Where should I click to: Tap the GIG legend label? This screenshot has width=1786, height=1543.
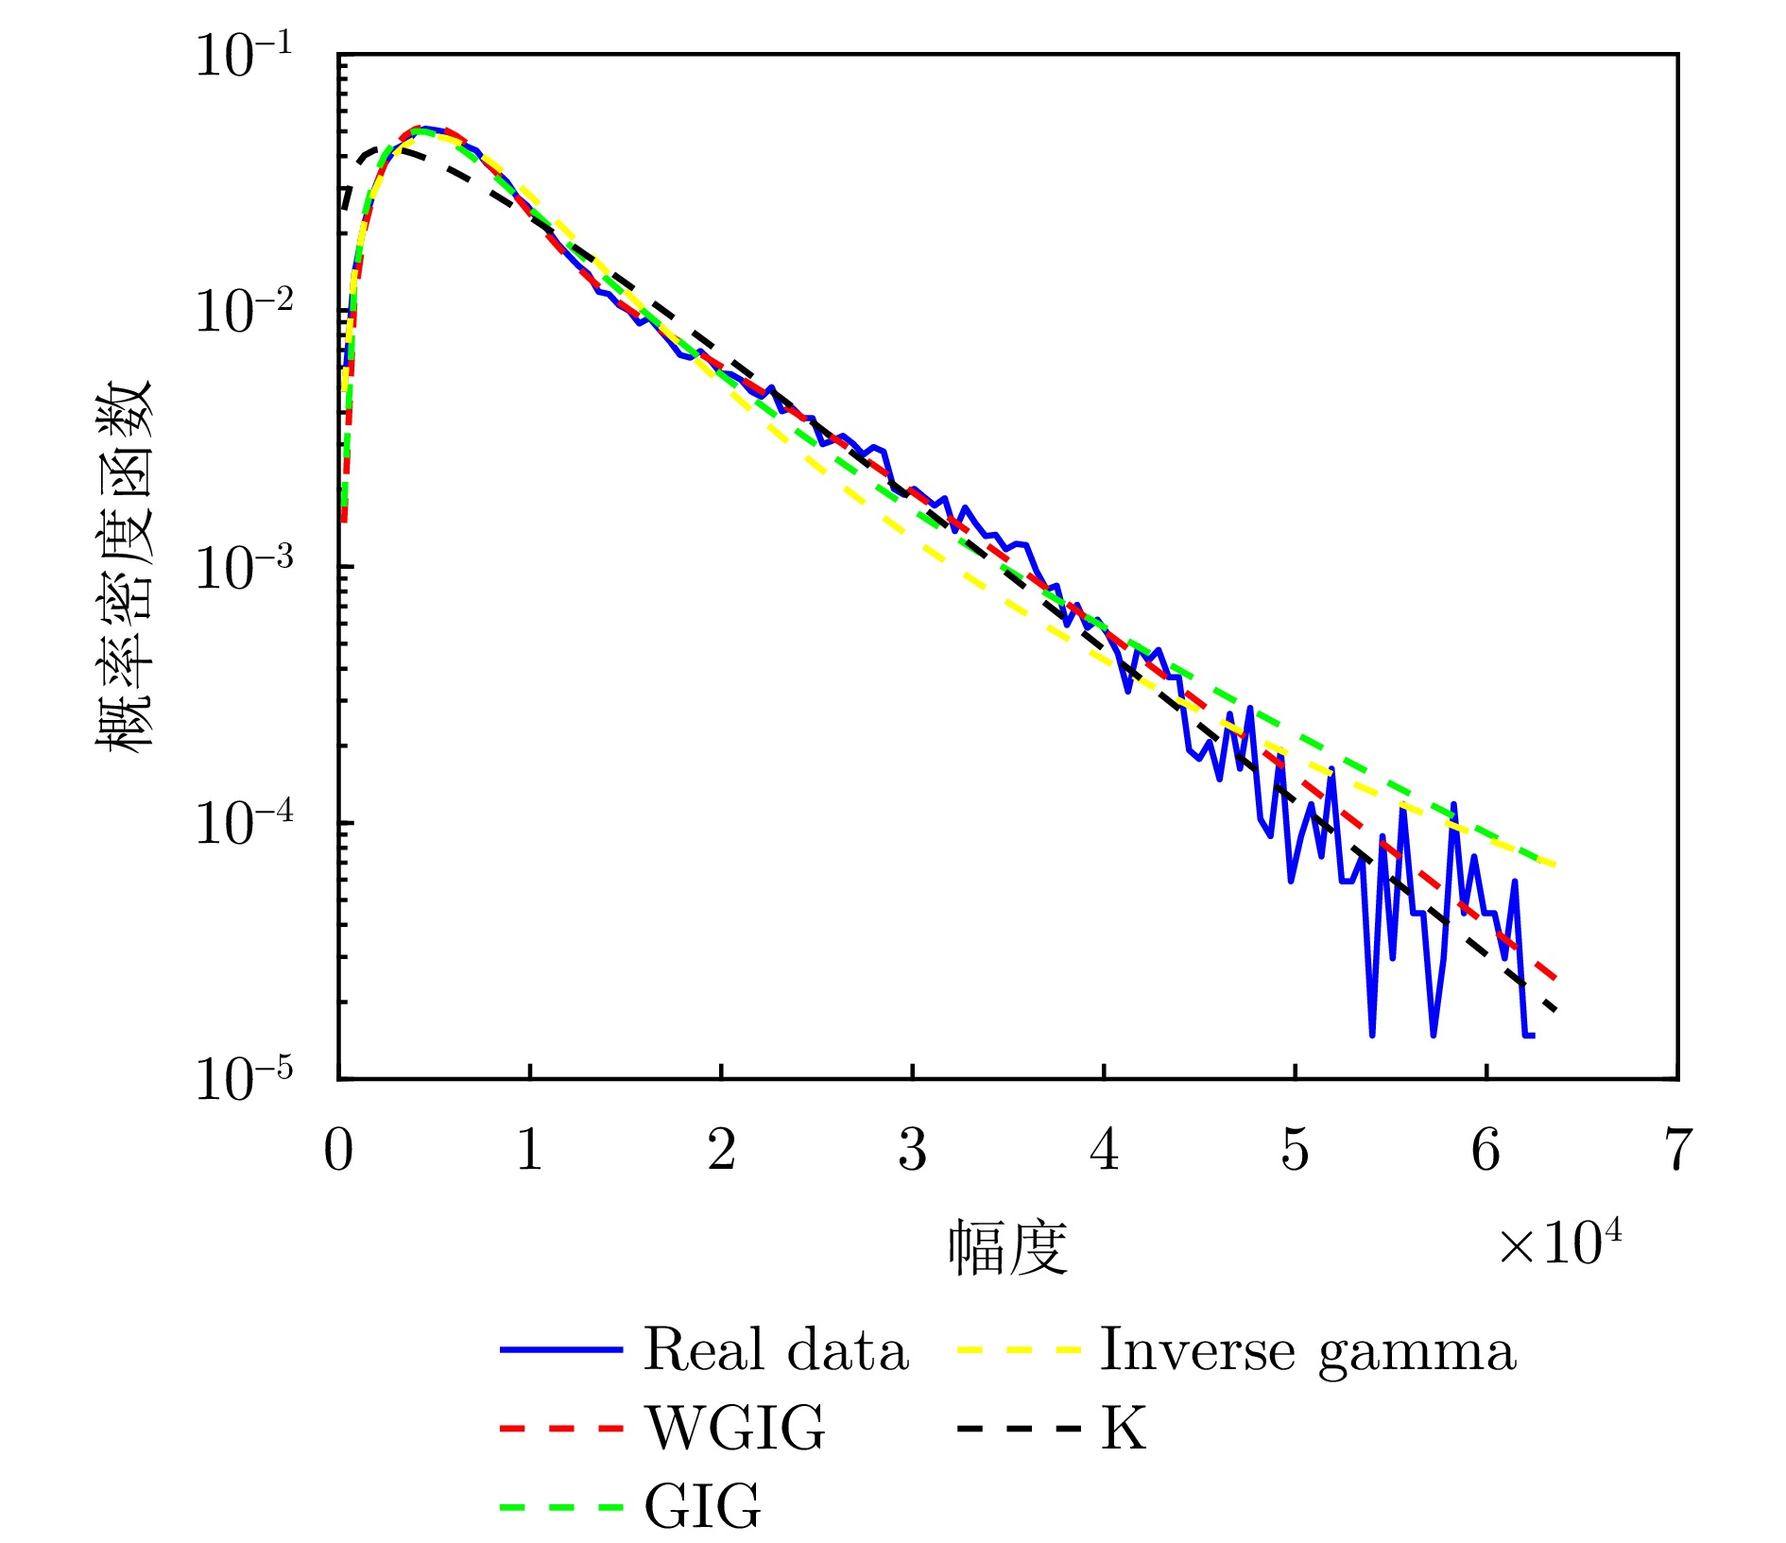click(702, 1505)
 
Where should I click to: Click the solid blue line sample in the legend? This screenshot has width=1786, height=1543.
click(561, 1349)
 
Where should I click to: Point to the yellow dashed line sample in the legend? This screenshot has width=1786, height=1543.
click(1018, 1349)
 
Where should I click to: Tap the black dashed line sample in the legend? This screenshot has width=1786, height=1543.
click(1018, 1428)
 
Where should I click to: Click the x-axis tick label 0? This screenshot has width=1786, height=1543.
click(338, 1150)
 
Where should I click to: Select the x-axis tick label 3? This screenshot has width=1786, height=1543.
click(912, 1150)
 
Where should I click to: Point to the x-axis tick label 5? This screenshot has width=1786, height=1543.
click(1295, 1150)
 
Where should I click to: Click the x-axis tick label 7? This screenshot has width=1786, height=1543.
click(1677, 1150)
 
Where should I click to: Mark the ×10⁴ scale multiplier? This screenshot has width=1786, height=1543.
click(1560, 1242)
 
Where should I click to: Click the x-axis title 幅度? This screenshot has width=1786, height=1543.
click(1008, 1247)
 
